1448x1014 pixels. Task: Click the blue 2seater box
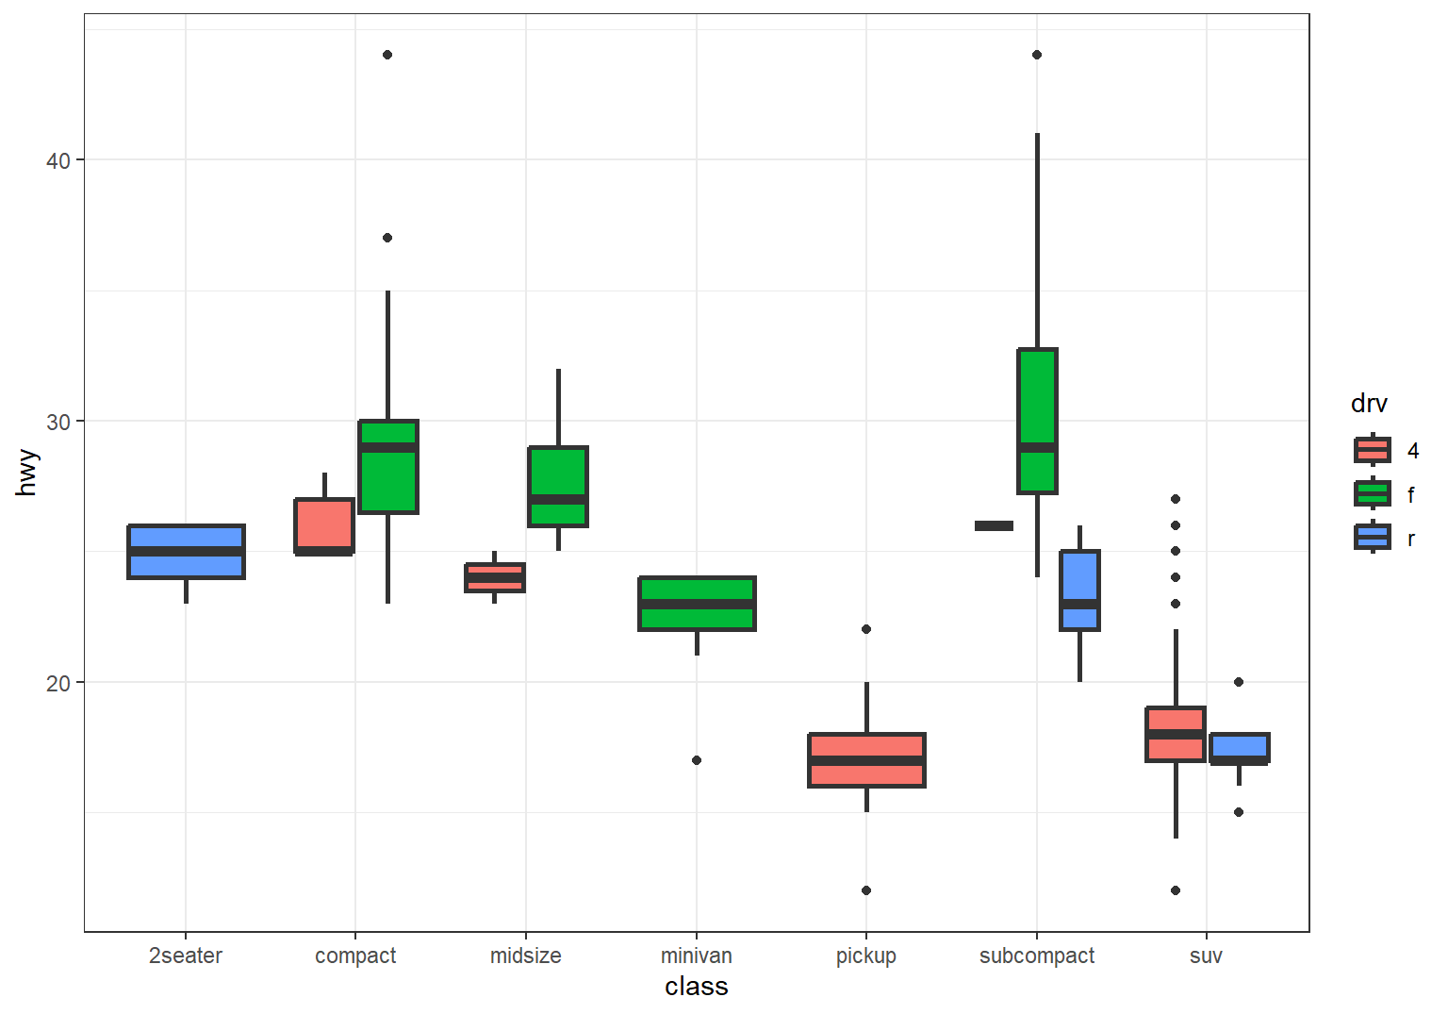(x=186, y=551)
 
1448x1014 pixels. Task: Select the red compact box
(x=324, y=525)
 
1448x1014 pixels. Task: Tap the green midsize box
(x=558, y=486)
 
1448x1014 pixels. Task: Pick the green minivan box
(x=697, y=603)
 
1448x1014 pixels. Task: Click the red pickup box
(x=866, y=759)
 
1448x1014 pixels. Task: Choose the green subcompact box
(x=1037, y=421)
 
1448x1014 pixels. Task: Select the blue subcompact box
(x=1079, y=590)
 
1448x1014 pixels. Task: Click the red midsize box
(x=495, y=577)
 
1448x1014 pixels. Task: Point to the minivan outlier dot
(x=697, y=760)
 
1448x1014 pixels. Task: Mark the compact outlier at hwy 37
(x=387, y=238)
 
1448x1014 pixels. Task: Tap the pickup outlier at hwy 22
(x=866, y=629)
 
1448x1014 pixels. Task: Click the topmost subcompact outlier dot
(x=1037, y=55)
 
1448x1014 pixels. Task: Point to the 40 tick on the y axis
(x=58, y=160)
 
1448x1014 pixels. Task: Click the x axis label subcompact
(x=1037, y=956)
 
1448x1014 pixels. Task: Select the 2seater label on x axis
(x=186, y=956)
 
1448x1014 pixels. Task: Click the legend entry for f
(x=1373, y=493)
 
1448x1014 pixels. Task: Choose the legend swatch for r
(x=1373, y=537)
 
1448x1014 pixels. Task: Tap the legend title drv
(x=1369, y=404)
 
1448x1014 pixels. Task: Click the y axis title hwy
(x=26, y=473)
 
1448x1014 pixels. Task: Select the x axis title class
(x=697, y=987)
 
